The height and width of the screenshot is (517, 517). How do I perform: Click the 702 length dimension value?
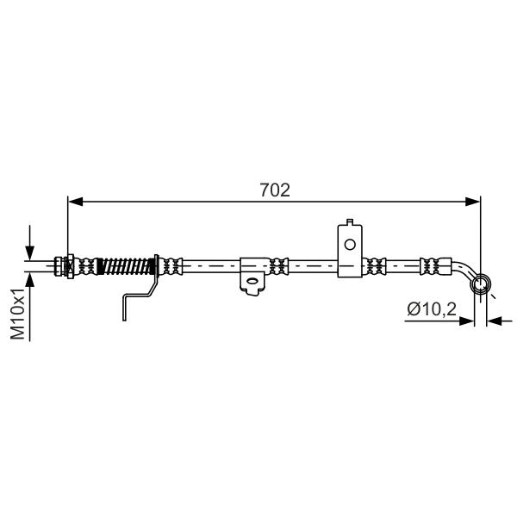(x=275, y=190)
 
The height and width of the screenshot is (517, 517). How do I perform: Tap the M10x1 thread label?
(x=18, y=314)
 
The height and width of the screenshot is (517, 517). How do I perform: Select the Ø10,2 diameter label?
(x=432, y=309)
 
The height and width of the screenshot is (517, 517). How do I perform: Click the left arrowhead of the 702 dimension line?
(x=75, y=201)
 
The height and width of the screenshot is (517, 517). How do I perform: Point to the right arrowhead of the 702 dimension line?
(x=473, y=201)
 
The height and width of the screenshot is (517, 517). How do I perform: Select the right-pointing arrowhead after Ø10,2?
(x=466, y=321)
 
